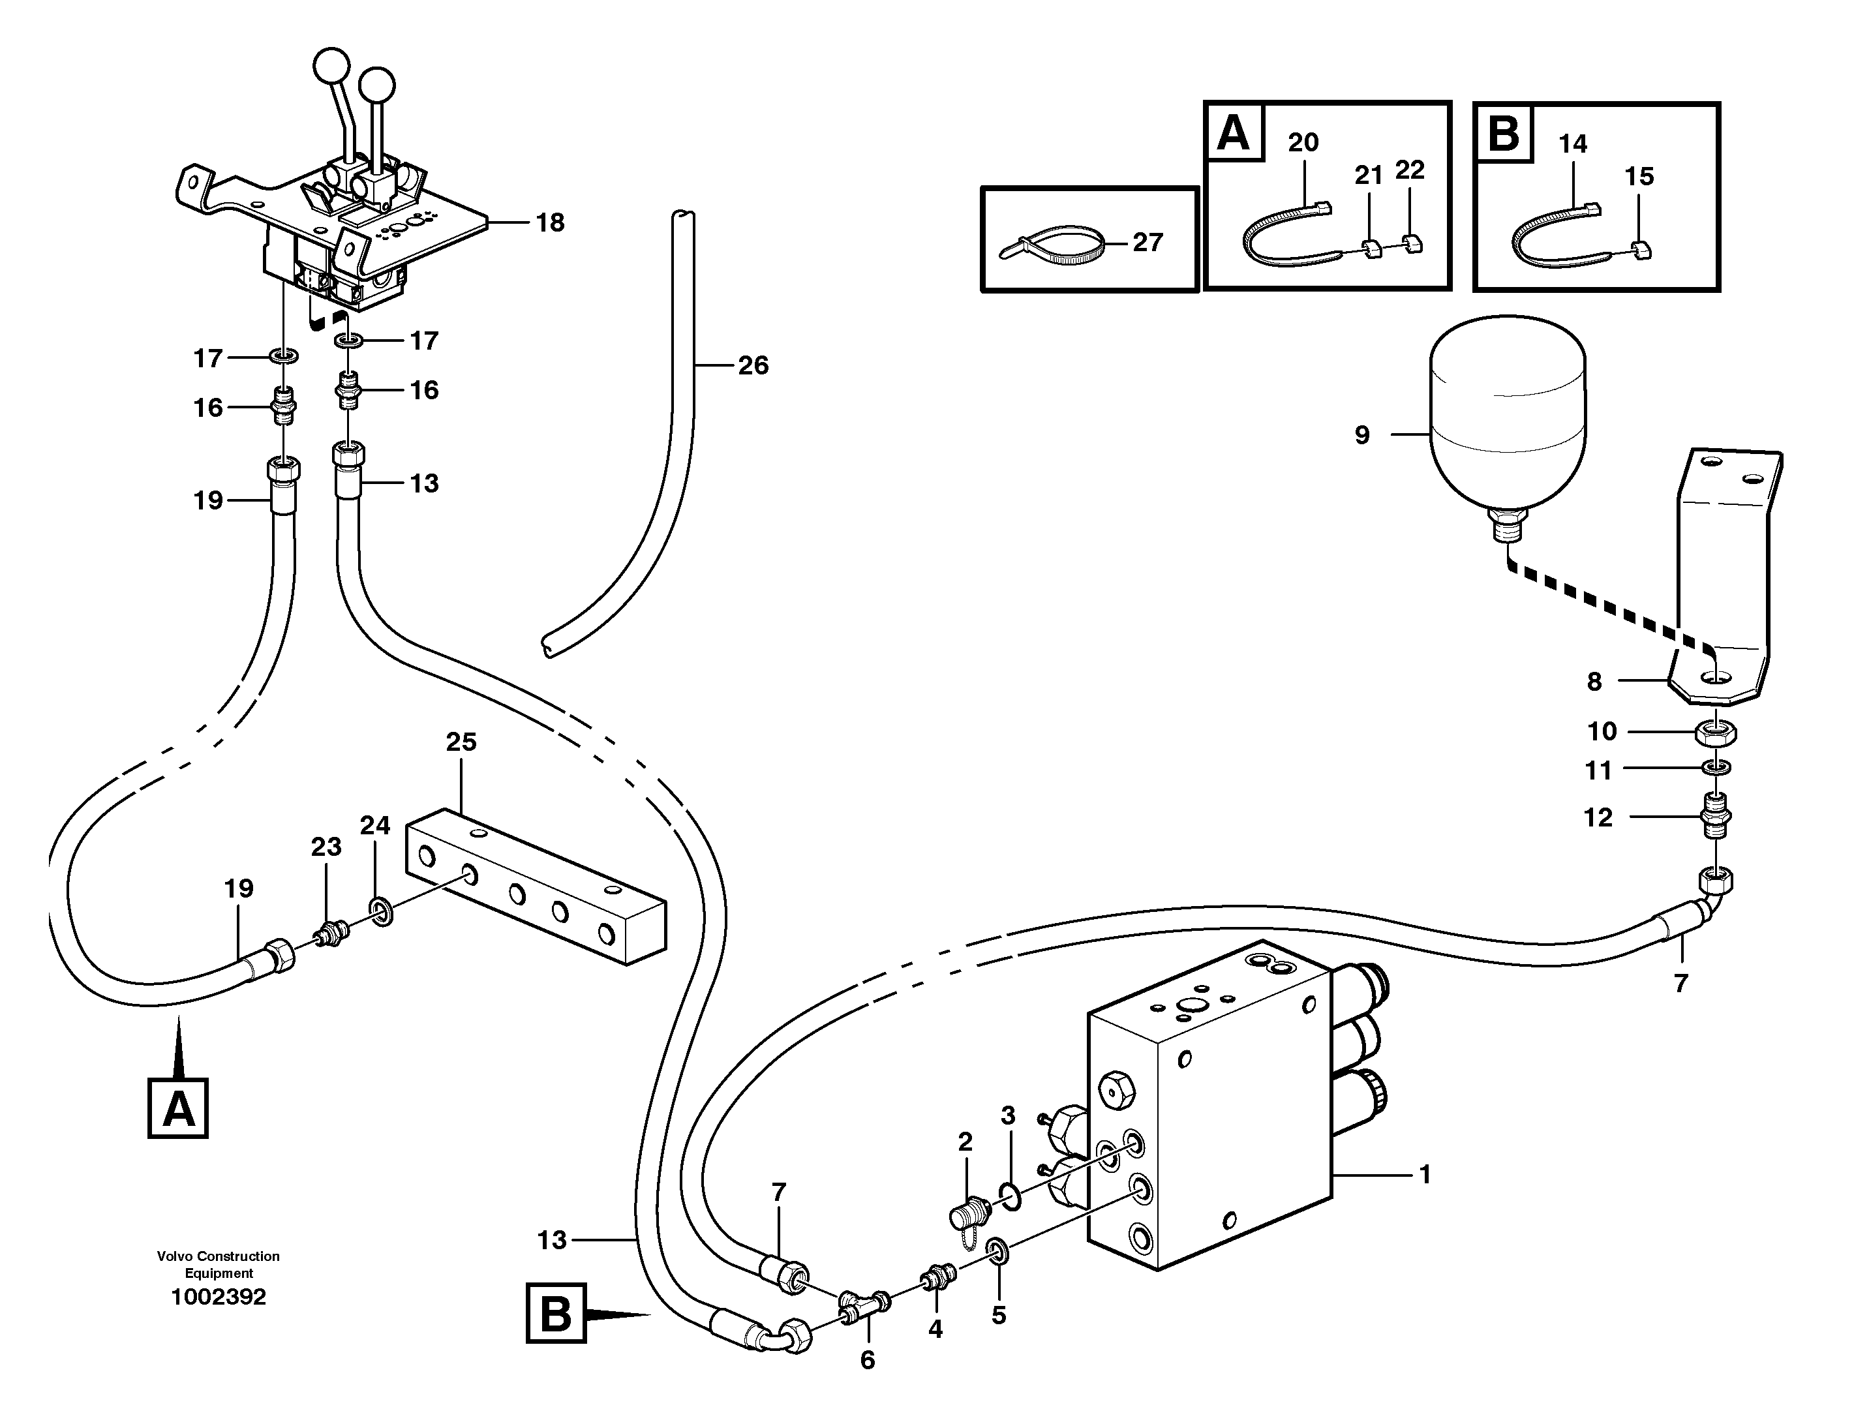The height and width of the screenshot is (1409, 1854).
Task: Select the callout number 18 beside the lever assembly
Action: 550,223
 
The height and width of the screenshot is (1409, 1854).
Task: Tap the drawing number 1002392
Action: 218,1297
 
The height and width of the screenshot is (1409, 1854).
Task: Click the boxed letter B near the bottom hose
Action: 555,1314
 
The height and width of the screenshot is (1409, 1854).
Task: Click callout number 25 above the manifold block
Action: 461,742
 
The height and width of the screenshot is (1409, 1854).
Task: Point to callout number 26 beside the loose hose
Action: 752,366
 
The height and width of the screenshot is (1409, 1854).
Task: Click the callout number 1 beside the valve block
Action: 1424,1175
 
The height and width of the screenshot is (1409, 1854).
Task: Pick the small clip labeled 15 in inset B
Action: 1641,249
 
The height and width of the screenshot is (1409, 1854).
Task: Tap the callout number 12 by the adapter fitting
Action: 1598,818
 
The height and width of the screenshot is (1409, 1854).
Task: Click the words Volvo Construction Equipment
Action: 218,1264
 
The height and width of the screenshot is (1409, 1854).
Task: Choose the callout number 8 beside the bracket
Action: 1594,682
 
